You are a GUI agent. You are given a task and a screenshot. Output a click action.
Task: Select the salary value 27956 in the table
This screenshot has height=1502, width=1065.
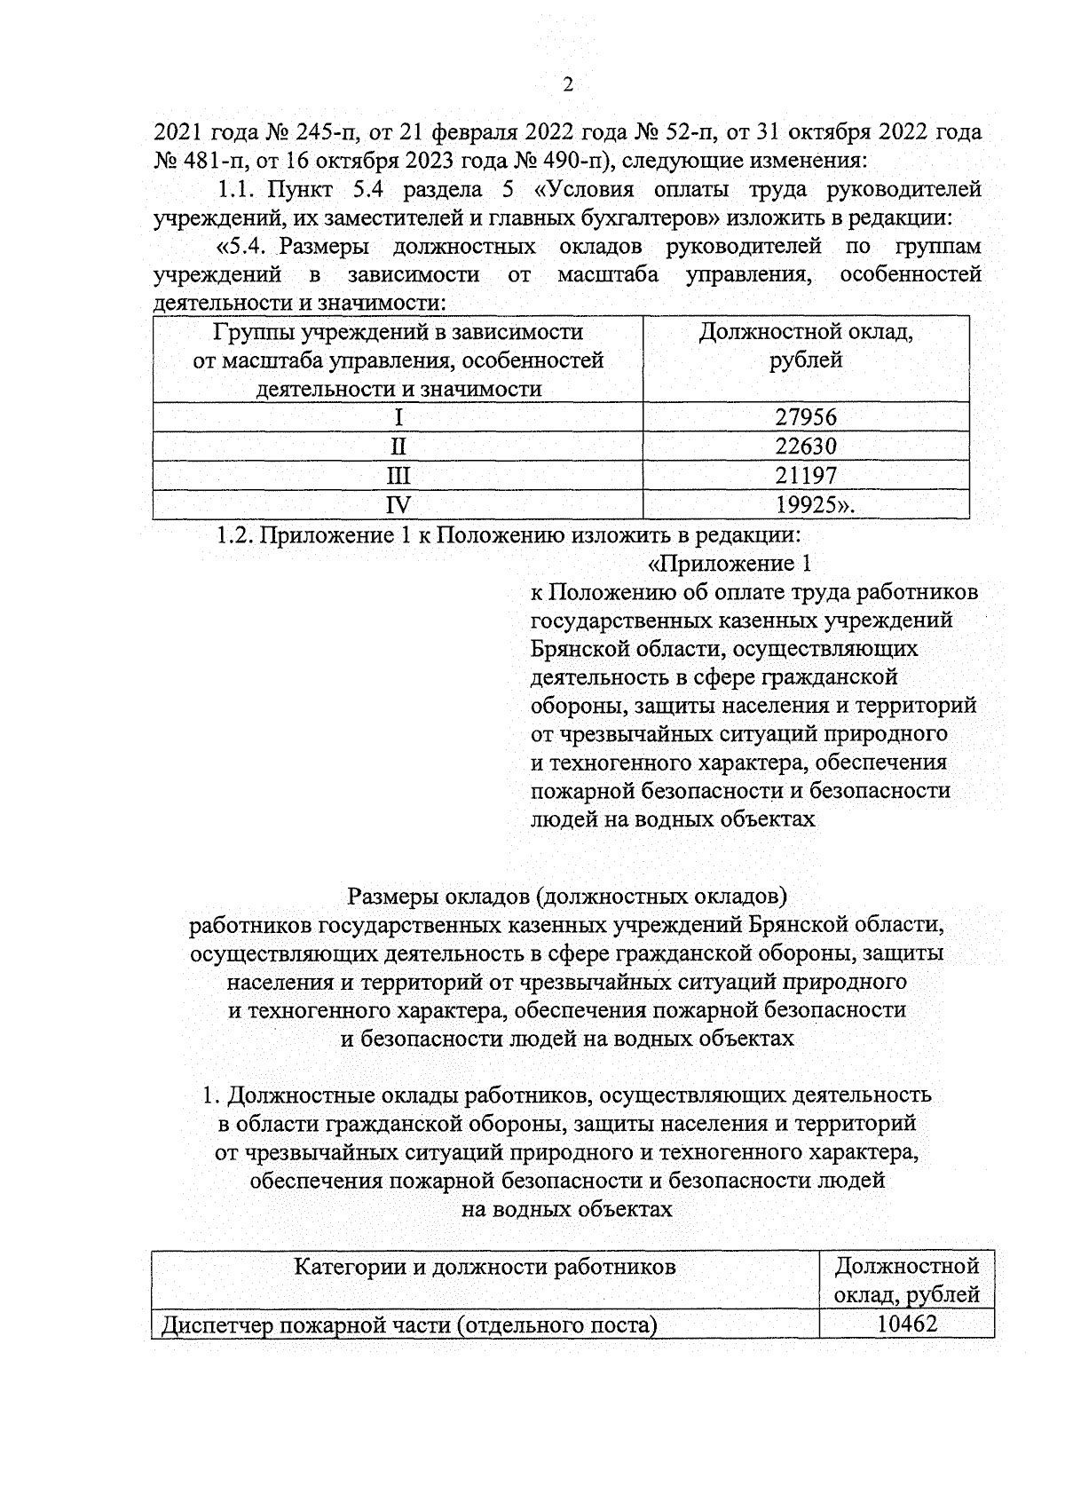pos(805,417)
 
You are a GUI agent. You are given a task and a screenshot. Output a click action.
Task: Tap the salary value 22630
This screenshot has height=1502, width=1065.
pos(805,447)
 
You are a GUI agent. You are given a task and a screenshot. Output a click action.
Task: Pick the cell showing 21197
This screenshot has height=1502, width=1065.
pos(805,476)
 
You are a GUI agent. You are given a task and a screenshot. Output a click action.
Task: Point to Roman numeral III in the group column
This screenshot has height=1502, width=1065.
pos(398,476)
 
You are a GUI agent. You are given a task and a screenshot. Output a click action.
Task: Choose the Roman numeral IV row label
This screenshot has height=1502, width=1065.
pos(398,505)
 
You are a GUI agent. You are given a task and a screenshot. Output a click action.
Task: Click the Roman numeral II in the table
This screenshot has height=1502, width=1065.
pos(398,447)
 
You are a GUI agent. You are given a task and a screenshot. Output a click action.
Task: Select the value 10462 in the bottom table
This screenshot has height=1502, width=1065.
pos(906,1324)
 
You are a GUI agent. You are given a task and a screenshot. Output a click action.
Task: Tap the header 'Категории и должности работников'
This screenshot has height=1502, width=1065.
pos(485,1267)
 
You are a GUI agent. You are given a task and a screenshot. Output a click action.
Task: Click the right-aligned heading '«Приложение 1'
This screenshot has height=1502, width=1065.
pos(730,564)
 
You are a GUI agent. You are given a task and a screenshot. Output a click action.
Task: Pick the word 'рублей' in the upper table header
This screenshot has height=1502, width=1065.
pos(806,360)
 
